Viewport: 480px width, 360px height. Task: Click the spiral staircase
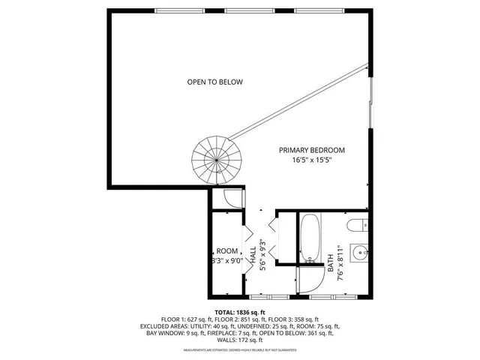214,159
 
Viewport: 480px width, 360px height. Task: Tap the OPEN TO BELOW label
214,82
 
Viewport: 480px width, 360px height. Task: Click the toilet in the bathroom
356,223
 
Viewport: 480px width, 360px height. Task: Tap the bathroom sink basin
358,251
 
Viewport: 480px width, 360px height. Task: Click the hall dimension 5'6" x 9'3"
262,256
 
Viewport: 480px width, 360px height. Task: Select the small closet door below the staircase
234,199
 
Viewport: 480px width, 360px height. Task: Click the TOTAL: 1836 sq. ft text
240,312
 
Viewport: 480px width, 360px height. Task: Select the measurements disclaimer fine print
240,349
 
